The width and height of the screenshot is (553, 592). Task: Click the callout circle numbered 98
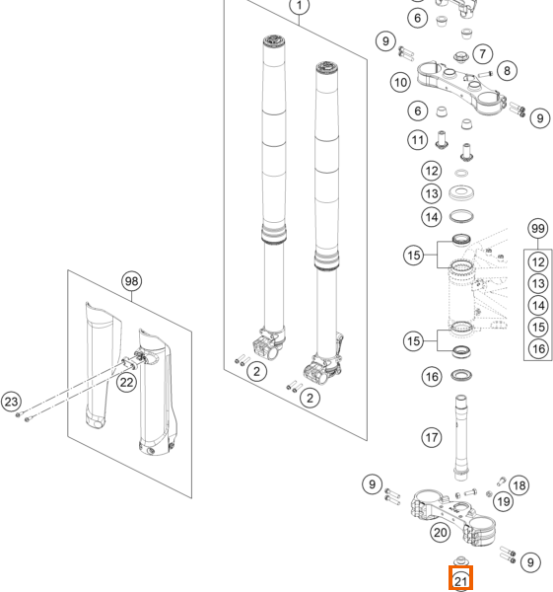(132, 281)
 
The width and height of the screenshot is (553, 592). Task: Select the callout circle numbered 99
(538, 229)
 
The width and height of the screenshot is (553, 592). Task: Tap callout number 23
(11, 402)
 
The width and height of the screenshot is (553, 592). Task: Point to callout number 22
(126, 382)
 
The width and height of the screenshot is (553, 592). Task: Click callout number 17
(431, 437)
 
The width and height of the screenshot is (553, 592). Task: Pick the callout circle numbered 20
(441, 533)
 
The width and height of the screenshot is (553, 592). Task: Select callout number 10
(400, 82)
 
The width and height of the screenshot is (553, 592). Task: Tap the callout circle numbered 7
(483, 54)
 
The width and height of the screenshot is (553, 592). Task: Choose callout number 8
(507, 71)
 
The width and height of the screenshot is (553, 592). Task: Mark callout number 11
(417, 140)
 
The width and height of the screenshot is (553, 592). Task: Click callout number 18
(519, 485)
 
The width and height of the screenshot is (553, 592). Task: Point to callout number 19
(503, 502)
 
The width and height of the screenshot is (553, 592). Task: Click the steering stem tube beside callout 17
(461, 437)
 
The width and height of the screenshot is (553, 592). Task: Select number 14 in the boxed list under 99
(538, 305)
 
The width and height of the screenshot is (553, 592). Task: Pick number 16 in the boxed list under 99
(538, 348)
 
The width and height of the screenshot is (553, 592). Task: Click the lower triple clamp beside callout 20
(453, 518)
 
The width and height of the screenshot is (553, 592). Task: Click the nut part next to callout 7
(461, 57)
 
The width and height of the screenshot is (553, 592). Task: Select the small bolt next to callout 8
(486, 74)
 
